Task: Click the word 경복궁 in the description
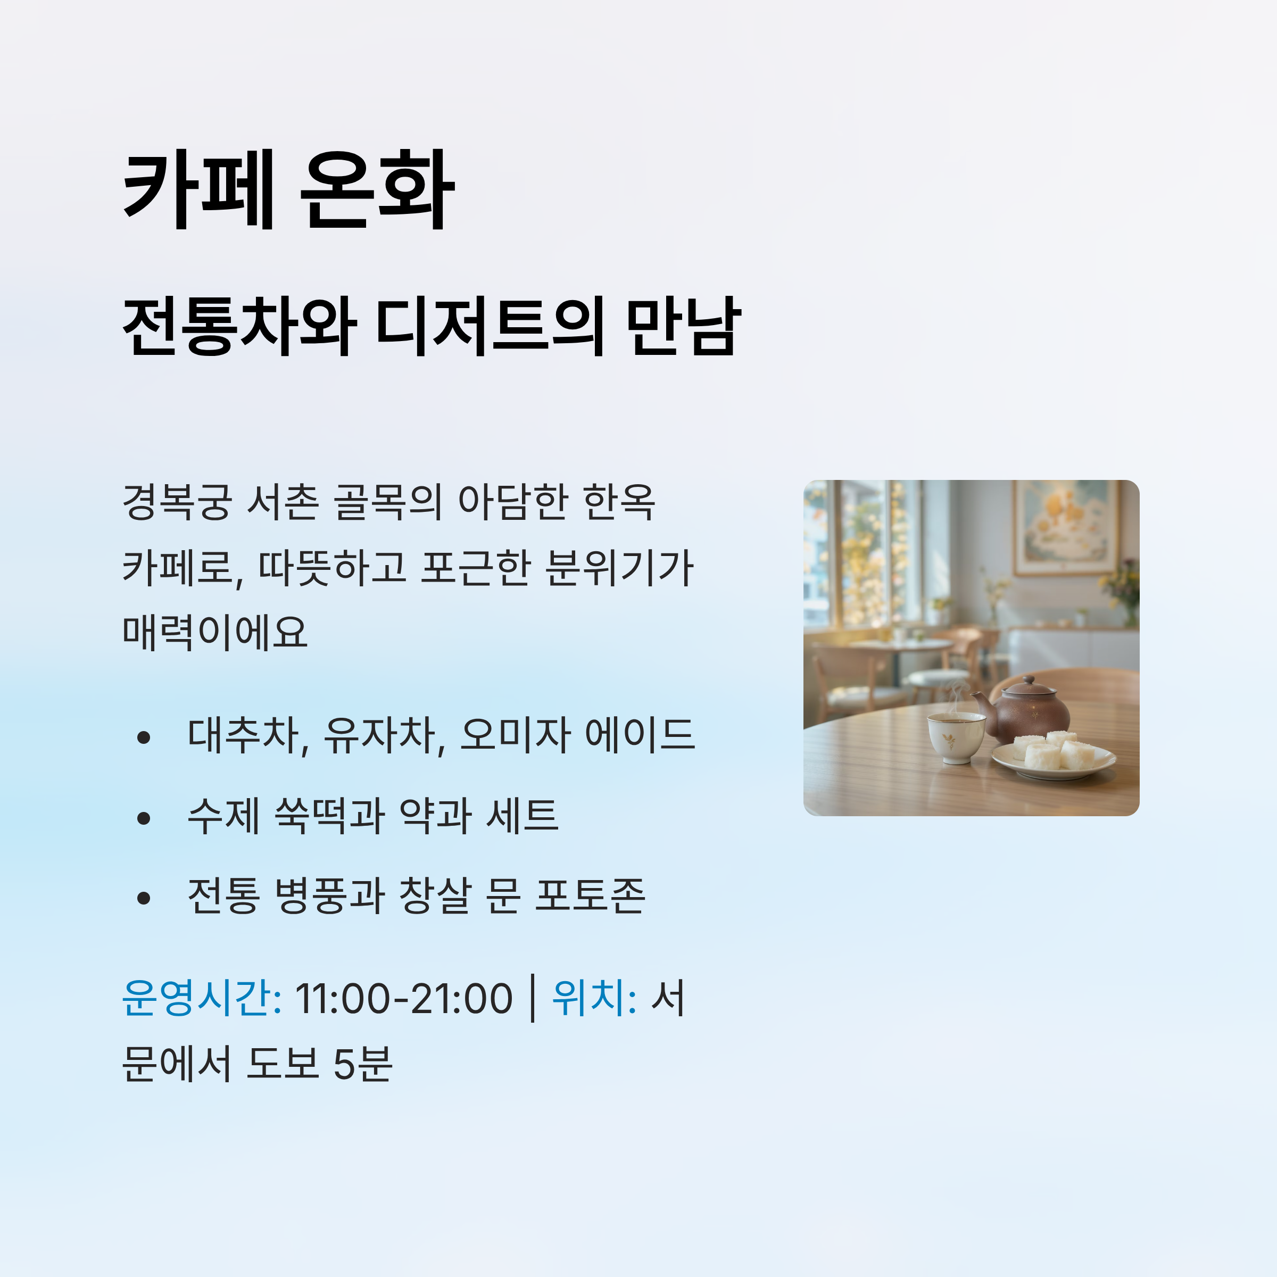tap(177, 502)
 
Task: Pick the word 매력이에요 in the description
tap(215, 632)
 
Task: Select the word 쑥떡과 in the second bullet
tap(329, 815)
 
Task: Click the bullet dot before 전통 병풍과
tap(144, 898)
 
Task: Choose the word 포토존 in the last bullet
tap(590, 895)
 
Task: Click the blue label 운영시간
tap(202, 998)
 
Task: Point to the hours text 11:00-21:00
tap(403, 999)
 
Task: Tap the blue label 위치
tap(594, 998)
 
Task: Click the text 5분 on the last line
tap(363, 1064)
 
